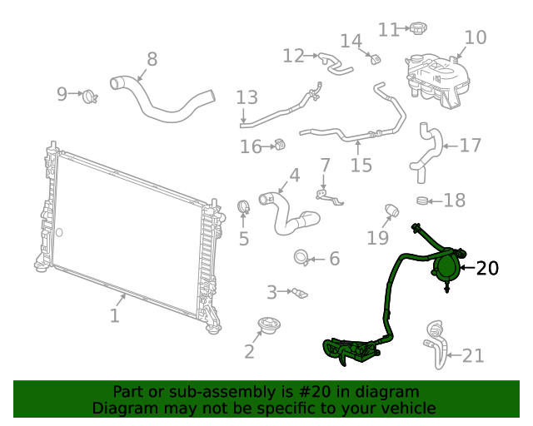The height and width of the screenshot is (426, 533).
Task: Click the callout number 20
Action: click(x=488, y=268)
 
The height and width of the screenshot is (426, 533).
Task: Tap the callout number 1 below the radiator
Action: click(x=115, y=315)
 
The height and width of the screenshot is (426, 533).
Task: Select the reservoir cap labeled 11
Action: click(x=417, y=29)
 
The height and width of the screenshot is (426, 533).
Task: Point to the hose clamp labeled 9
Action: click(x=90, y=97)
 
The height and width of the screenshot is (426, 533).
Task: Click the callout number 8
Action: click(x=152, y=58)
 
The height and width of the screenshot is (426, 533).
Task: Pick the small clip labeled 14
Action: click(x=375, y=57)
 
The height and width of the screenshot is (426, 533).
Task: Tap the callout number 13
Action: click(x=247, y=97)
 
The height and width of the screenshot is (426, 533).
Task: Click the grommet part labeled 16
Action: click(x=280, y=146)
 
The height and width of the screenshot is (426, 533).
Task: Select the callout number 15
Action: click(x=361, y=165)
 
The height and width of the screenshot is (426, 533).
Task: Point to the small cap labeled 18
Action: click(x=423, y=200)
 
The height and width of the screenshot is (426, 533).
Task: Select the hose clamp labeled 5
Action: click(x=243, y=206)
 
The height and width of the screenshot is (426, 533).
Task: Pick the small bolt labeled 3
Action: click(x=298, y=292)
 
